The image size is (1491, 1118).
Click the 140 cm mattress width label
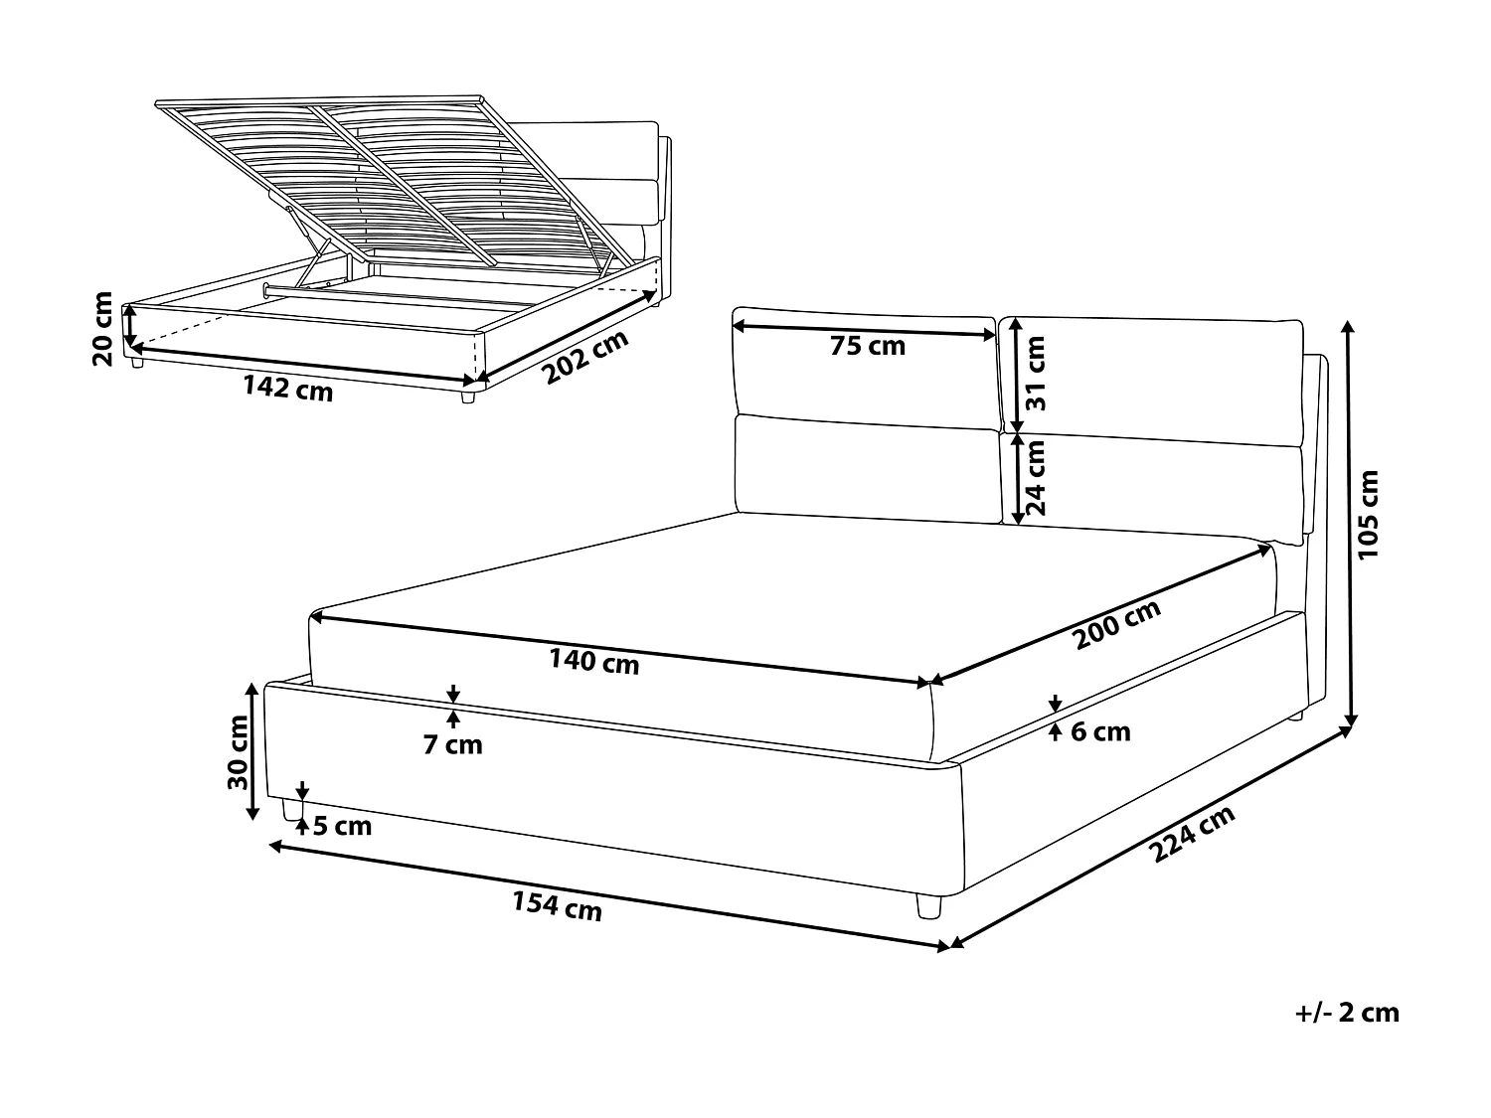tap(593, 660)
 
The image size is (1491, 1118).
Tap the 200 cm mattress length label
tap(1117, 625)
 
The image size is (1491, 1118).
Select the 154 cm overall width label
tap(557, 905)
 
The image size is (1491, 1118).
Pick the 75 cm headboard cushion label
tap(868, 346)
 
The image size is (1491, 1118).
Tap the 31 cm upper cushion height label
tap(1036, 374)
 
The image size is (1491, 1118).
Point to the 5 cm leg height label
tap(342, 826)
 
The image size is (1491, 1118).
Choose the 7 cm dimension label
tap(452, 744)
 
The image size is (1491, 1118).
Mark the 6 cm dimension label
tap(1100, 732)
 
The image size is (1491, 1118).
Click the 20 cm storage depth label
tap(102, 329)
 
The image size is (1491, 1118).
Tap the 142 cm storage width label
tap(288, 389)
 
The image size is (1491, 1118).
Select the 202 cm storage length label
tap(586, 357)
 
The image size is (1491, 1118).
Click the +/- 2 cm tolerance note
tap(1348, 1013)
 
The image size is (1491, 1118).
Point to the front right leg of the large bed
tap(928, 905)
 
